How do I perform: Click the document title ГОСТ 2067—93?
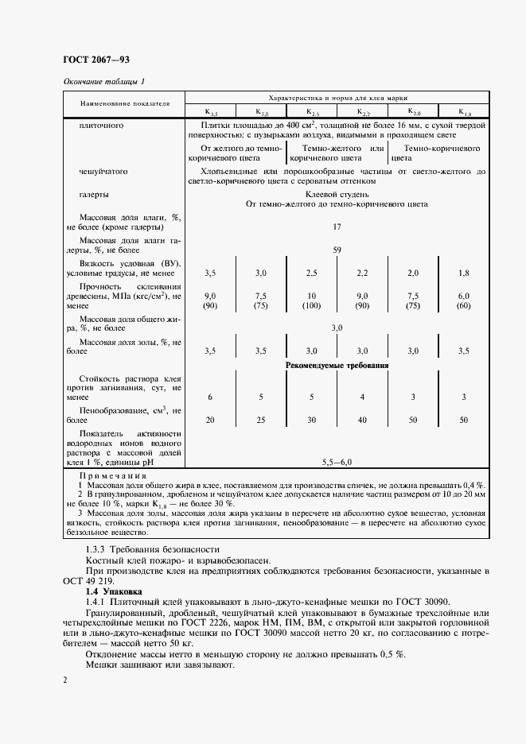point(90,60)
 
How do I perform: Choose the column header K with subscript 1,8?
point(466,112)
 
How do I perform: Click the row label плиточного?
point(101,126)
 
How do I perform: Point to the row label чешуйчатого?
point(103,171)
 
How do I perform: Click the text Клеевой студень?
point(337,194)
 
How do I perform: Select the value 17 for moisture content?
point(337,227)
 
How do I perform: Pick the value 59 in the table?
point(337,250)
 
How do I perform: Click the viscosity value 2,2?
point(362,273)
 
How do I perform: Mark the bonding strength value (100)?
point(311,306)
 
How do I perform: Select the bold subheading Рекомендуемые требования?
point(337,366)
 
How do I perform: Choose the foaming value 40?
point(362,419)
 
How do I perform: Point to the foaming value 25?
point(260,419)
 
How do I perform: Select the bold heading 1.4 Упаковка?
point(113,591)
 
